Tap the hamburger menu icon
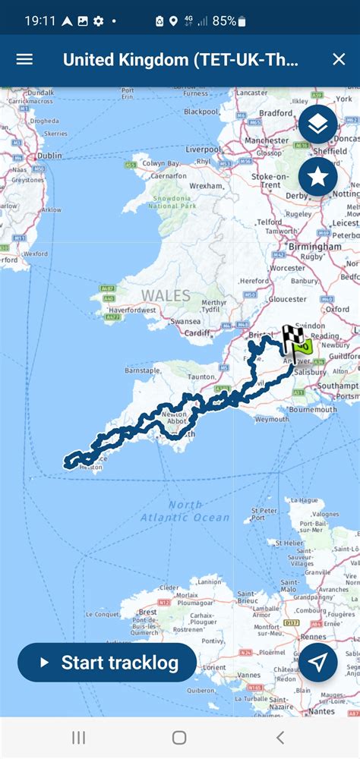tap(24, 59)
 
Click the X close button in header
tap(339, 59)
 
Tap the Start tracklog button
tap(107, 663)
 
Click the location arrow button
tap(317, 662)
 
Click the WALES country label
tap(165, 294)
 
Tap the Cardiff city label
tap(197, 332)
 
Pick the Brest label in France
tap(148, 611)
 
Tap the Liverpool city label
tap(203, 149)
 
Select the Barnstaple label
tap(142, 370)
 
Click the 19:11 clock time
tap(39, 21)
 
